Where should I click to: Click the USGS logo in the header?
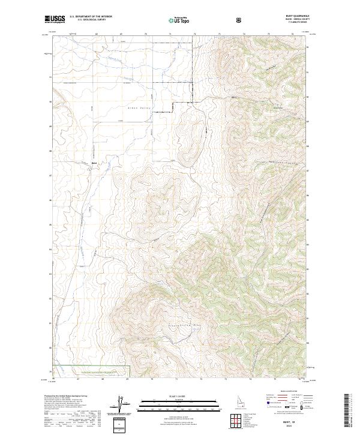click(x=55, y=20)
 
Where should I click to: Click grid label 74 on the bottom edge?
click(x=249, y=379)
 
